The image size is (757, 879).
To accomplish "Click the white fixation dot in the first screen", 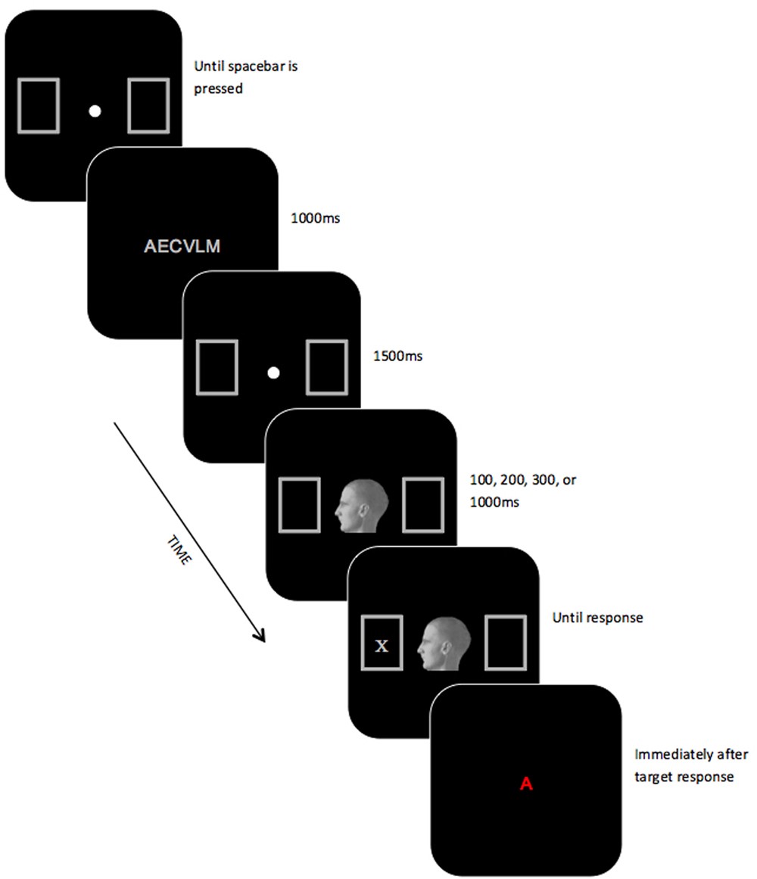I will pyautogui.click(x=95, y=111).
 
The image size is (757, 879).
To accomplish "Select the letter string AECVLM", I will pyautogui.click(x=182, y=245).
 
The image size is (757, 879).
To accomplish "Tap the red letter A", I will pyautogui.click(x=527, y=784).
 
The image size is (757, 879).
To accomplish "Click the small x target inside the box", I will pyautogui.click(x=382, y=645).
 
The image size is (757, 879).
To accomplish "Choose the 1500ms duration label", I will pyautogui.click(x=398, y=355).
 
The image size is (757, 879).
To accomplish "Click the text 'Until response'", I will pyautogui.click(x=597, y=618).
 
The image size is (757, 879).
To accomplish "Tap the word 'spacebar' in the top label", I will pyautogui.click(x=253, y=67).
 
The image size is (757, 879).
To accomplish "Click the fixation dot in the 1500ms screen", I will pyautogui.click(x=274, y=372).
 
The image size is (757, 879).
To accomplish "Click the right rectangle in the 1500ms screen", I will pyautogui.click(x=327, y=367).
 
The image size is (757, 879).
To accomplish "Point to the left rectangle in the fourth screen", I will pyautogui.click(x=301, y=503).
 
